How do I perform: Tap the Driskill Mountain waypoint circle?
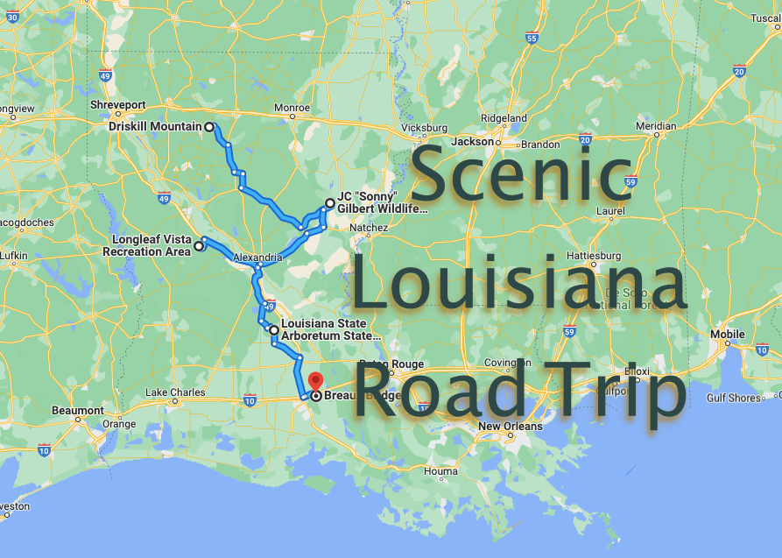point(209,127)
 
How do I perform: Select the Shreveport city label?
point(117,104)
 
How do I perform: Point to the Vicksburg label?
point(424,127)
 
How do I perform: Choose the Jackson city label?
point(472,141)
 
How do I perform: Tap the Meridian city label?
point(656,126)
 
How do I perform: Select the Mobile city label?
point(727,334)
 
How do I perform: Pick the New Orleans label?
point(510,427)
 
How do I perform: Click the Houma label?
point(440,471)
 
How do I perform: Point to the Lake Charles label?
point(174,392)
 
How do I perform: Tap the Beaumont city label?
point(77,410)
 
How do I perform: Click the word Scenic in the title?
point(520,175)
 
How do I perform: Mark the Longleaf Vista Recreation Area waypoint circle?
point(199,246)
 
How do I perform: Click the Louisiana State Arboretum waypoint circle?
point(274,330)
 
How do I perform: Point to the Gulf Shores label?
point(733,398)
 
